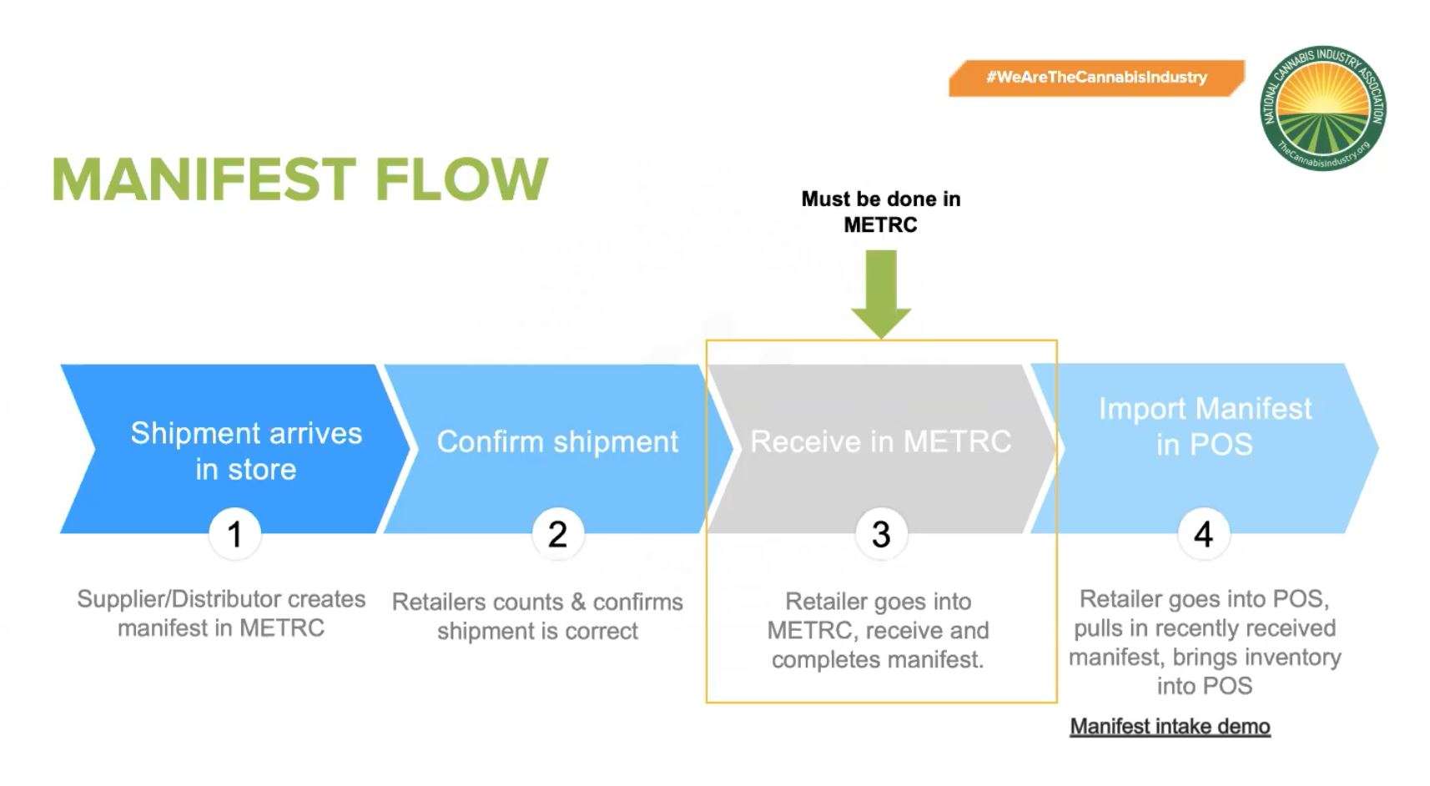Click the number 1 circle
(234, 534)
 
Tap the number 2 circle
(557, 534)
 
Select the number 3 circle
(881, 534)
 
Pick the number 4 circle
(1203, 534)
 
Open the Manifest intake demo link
(1170, 727)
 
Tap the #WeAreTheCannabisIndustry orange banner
(1096, 78)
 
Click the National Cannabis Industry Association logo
(1323, 108)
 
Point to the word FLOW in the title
(461, 179)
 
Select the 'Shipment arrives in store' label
(246, 451)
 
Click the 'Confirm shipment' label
(557, 441)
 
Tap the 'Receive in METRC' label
(880, 441)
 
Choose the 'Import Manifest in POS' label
(1204, 426)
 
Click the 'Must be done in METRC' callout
(880, 212)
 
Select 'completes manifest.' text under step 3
(878, 659)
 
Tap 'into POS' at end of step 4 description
(1204, 686)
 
